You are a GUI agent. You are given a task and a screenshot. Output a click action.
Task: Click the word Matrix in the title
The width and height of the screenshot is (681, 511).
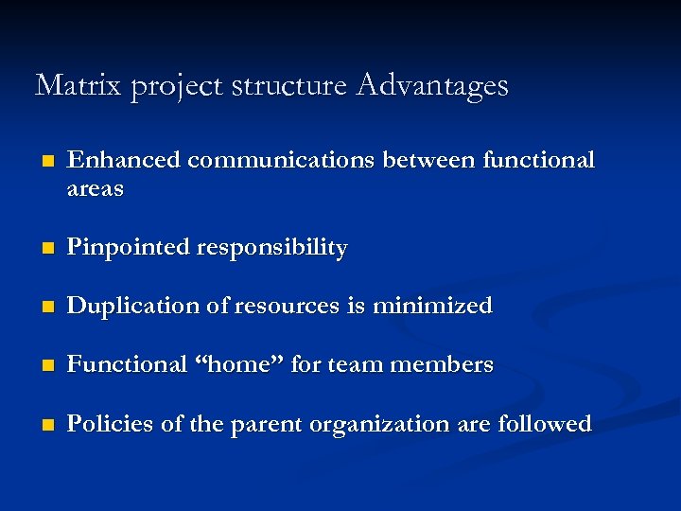79,86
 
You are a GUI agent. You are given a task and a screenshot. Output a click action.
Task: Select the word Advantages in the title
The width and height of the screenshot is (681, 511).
432,86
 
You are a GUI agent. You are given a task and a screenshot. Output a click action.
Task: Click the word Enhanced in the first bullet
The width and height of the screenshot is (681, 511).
124,160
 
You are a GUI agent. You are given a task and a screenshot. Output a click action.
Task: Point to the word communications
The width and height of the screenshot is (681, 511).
280,160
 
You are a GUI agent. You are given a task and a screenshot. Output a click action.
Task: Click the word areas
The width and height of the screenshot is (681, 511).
96,189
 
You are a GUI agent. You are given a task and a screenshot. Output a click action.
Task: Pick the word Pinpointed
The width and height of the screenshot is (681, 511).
128,248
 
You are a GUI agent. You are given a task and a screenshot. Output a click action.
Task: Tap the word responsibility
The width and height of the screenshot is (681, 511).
271,248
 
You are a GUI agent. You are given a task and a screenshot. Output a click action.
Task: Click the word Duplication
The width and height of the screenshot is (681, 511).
129,306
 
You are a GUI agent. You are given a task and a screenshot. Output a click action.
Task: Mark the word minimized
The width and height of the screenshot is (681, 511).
432,306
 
